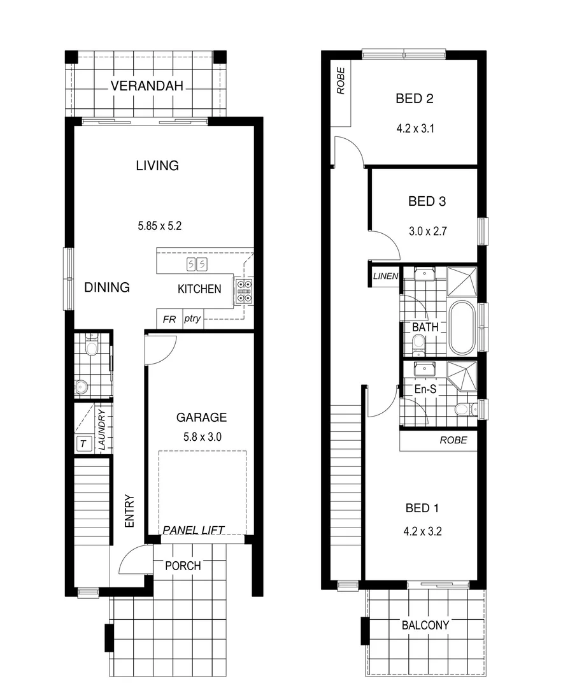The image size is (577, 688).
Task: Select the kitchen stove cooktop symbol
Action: [x=244, y=290]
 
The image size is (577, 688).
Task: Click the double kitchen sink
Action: [x=196, y=264]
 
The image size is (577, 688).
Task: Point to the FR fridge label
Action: [x=169, y=319]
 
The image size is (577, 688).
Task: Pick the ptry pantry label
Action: [x=192, y=319]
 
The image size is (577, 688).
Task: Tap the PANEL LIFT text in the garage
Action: [x=194, y=529]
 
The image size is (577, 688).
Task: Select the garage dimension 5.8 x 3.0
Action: [x=201, y=437]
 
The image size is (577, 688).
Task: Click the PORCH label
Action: [x=183, y=566]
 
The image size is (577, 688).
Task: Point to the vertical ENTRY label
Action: [x=129, y=510]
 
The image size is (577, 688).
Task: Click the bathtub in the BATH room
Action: [x=462, y=327]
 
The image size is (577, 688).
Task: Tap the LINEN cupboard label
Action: [x=386, y=276]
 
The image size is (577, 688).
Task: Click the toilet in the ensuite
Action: [x=464, y=409]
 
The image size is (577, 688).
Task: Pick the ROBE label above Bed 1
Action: [x=453, y=440]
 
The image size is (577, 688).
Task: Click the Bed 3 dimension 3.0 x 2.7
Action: [x=427, y=231]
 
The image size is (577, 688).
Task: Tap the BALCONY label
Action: [x=425, y=626]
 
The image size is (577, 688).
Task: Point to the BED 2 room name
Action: [x=415, y=99]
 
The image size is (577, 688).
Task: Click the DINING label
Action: [x=107, y=287]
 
